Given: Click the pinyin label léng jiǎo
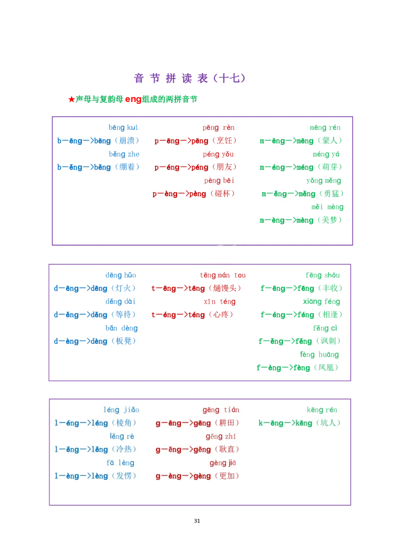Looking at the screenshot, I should [x=121, y=410].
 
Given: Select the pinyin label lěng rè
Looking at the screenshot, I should [x=122, y=436].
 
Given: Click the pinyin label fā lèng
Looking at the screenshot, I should [x=120, y=463].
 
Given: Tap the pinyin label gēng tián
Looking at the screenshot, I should [x=221, y=410].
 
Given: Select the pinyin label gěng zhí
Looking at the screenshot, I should [x=221, y=436].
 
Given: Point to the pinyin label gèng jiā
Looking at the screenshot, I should [x=223, y=463].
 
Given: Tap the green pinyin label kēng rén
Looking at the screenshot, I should [x=322, y=410].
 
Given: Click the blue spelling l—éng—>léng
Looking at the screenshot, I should [x=81, y=423].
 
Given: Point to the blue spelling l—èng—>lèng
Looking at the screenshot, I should [x=81, y=476].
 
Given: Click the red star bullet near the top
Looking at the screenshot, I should [x=71, y=99].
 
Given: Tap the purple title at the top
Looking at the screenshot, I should [x=190, y=78].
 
